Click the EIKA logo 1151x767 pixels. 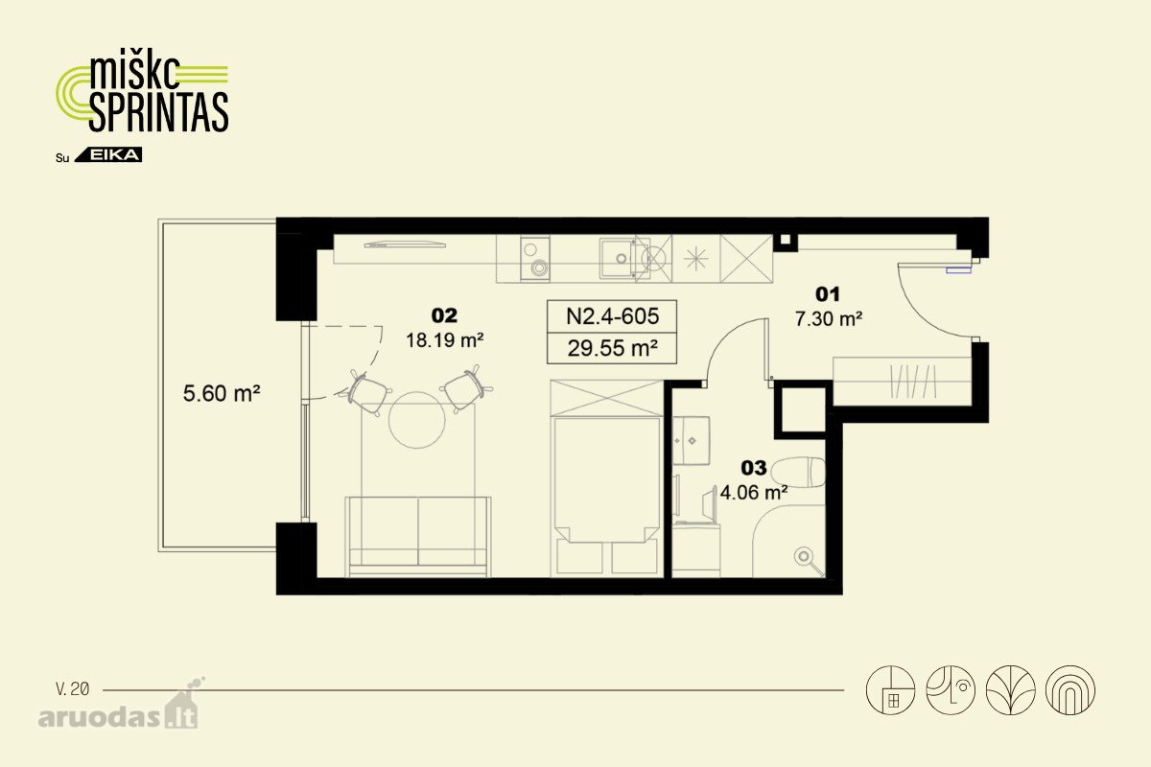coord(108,154)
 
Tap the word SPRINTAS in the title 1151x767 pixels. coord(158,112)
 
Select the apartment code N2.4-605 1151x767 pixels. coord(612,316)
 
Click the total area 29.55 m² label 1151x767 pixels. coord(612,348)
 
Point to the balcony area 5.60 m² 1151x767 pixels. coord(222,393)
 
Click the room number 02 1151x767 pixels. coord(444,315)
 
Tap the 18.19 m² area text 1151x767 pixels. coord(444,340)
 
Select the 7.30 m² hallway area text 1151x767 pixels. coord(829,319)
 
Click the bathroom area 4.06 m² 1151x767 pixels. coord(754,493)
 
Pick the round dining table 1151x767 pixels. coord(416,420)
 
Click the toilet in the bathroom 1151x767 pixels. coord(798,472)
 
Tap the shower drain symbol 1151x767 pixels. coord(803,556)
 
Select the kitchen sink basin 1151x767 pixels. coord(617,259)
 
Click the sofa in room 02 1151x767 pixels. coord(418,536)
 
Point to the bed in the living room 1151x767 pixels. coord(606,478)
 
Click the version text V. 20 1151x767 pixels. coord(73,689)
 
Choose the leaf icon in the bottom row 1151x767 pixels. coord(1010,690)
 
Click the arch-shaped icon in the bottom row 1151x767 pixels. coord(1070,690)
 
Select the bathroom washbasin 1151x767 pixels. coord(692,440)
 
